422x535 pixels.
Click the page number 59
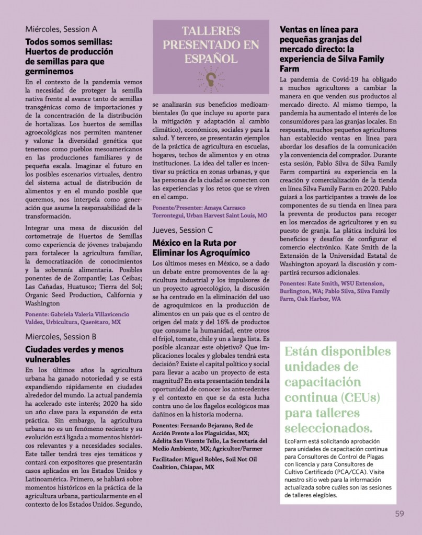pos(400,513)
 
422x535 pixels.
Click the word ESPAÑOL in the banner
pos(210,58)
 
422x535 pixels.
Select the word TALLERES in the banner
pos(211,31)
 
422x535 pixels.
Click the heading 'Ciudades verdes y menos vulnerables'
pos(75,354)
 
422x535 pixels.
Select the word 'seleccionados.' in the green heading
pos(329,428)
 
